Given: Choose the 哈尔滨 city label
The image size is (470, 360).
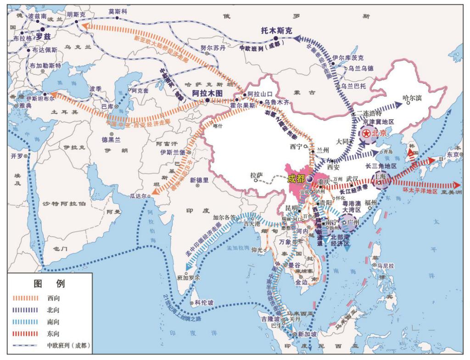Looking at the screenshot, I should click(x=411, y=98).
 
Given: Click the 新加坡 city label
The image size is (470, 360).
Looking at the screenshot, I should click(x=307, y=334).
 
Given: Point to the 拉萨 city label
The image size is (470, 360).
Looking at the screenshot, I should click(x=256, y=175).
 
